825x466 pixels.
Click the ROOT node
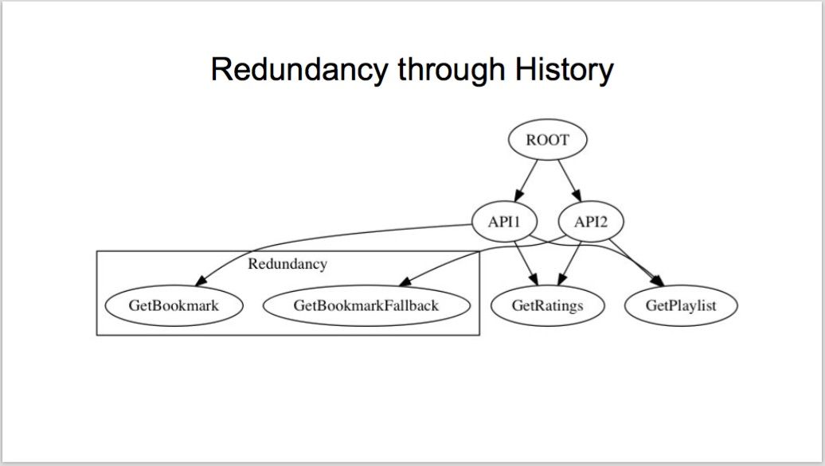(547, 140)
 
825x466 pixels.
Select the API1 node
(505, 222)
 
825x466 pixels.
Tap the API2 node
(590, 222)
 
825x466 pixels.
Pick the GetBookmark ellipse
(174, 306)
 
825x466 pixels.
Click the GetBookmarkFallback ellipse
(366, 306)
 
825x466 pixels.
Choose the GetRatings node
(547, 306)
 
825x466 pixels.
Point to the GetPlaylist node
(681, 306)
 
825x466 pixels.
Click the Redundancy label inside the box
(287, 264)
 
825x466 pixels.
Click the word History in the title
(564, 69)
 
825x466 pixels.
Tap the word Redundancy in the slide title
(299, 69)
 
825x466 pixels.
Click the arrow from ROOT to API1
(526, 181)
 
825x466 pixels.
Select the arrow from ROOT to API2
(570, 181)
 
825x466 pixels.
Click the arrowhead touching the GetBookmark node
(201, 281)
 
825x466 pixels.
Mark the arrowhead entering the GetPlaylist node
(658, 281)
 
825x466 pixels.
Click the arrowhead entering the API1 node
(518, 196)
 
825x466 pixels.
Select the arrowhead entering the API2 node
(577, 196)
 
